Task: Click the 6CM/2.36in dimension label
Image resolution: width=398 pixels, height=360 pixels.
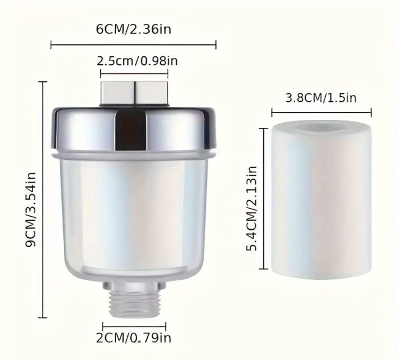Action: [134, 30]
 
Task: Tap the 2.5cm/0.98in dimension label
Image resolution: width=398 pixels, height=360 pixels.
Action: [137, 61]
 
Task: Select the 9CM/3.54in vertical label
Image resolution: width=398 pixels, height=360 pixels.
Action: [31, 209]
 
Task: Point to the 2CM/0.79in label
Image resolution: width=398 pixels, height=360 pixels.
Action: [134, 338]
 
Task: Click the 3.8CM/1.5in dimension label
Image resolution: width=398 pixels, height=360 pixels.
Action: [321, 98]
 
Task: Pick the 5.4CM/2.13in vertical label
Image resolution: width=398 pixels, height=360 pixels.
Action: [252, 208]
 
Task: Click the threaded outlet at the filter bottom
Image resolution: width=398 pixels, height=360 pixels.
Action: [134, 304]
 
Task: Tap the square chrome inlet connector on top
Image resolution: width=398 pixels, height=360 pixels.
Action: [134, 93]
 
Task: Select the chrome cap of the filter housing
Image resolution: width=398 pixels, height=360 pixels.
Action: [134, 130]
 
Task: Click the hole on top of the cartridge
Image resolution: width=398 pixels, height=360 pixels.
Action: [321, 127]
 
